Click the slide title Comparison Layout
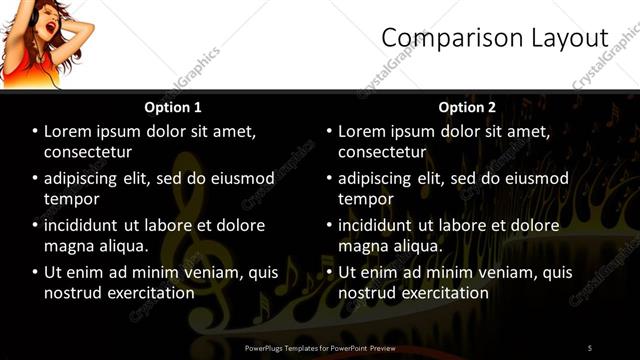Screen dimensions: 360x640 494,38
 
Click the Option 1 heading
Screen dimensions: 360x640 173,107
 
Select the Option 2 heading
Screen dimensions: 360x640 467,107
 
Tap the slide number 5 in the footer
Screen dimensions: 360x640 589,347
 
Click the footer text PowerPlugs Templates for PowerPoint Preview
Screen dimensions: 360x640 320,347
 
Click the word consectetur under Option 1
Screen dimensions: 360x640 88,152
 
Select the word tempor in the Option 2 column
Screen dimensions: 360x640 366,199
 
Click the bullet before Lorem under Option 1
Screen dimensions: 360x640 35,131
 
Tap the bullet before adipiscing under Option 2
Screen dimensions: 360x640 329,178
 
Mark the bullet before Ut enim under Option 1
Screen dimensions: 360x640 35,272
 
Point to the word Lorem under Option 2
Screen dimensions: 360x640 362,131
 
